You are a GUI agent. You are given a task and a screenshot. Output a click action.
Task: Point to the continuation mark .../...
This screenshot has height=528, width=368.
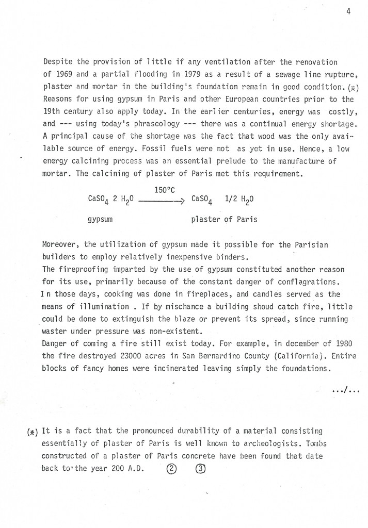[x=346, y=389]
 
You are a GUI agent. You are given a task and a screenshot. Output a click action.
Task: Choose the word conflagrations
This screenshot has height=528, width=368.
[x=311, y=281]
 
